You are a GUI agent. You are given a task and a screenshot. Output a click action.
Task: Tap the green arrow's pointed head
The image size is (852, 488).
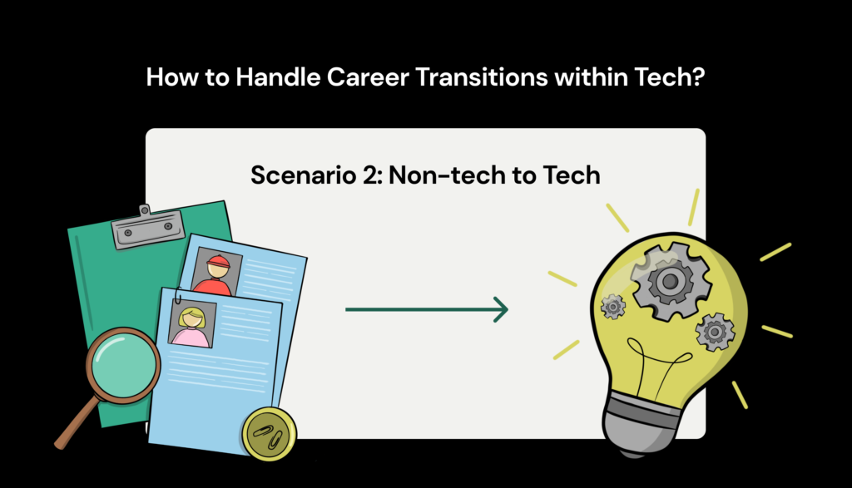pos(501,310)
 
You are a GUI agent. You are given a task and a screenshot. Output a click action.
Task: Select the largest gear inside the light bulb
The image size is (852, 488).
pos(669,282)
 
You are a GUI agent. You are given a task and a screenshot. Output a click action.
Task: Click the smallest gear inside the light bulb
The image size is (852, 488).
pos(613,306)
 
